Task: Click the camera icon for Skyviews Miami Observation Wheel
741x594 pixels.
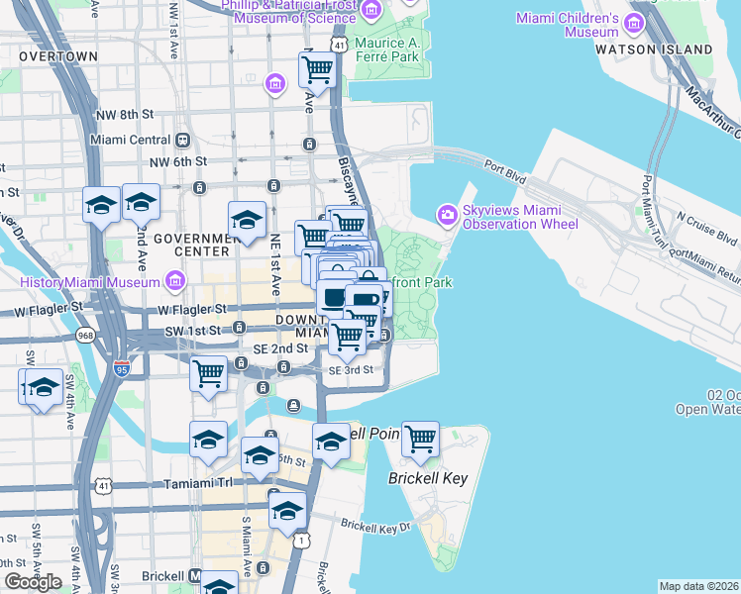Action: tap(448, 214)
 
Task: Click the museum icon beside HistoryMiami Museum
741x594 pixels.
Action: tap(174, 283)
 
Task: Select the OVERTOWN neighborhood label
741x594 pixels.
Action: tap(57, 56)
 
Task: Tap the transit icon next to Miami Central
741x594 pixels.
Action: tap(183, 140)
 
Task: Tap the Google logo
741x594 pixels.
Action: tap(33, 582)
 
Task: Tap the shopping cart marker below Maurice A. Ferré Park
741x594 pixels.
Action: tap(316, 71)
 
